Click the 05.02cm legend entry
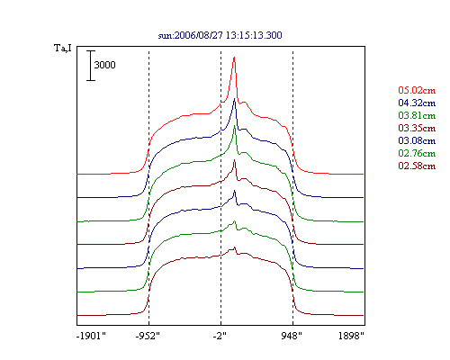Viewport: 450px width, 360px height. pos(417,90)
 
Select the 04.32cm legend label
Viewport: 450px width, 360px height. pos(417,103)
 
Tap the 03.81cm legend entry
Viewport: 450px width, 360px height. pos(417,115)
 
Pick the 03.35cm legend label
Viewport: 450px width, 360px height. pos(417,128)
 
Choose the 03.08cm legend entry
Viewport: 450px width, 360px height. pos(417,140)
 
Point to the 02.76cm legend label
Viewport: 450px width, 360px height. pos(417,153)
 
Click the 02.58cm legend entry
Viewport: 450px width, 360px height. pos(417,166)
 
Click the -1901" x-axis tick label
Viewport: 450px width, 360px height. pos(91,336)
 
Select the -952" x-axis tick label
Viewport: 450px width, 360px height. pos(148,336)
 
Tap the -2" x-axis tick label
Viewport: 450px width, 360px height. pos(220,336)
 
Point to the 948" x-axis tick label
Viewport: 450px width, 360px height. pos(292,336)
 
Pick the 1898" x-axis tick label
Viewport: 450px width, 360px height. pos(351,336)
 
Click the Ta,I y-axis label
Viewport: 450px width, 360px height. pos(63,48)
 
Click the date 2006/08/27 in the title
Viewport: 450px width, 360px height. pos(199,35)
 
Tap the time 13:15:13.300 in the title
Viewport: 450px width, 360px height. pos(254,35)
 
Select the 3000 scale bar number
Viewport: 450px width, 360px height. pos(104,65)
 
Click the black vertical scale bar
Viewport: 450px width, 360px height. pos(91,66)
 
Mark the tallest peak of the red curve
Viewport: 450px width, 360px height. pos(234,57)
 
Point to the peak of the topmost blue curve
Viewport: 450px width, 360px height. pos(235,98)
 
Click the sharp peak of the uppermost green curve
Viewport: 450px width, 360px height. pos(235,126)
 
